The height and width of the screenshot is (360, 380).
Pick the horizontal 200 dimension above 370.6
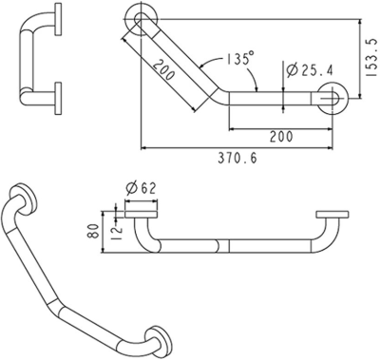click(x=280, y=137)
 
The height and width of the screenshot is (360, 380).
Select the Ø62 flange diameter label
click(x=141, y=188)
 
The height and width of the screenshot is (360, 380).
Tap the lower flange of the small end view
click(x=59, y=95)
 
